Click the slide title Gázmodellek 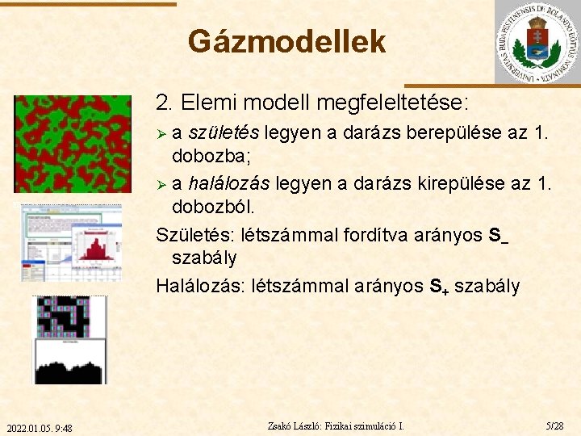coord(286,41)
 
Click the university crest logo coord(537,42)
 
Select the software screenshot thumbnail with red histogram coord(71,242)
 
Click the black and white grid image coord(69,339)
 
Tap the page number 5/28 coord(555,425)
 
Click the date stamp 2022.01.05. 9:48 coord(39,427)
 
